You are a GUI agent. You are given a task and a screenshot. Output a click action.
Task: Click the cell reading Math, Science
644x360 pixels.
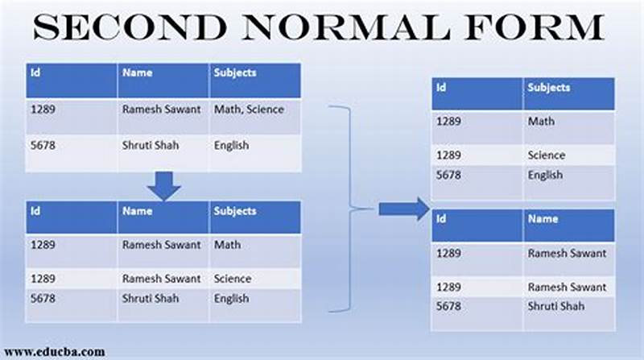click(x=248, y=110)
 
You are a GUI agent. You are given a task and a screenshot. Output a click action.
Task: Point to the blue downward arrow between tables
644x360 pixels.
click(x=164, y=187)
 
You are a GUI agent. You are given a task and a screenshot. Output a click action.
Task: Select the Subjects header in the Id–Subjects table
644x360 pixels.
click(x=549, y=88)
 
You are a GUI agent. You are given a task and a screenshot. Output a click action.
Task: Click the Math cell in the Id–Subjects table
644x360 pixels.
click(x=541, y=122)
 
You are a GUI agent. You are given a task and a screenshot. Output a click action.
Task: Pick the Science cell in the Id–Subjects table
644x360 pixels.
click(x=546, y=155)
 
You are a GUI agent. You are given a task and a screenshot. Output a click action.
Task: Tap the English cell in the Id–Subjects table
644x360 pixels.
click(x=545, y=175)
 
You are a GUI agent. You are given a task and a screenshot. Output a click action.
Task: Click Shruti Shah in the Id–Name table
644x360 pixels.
click(x=556, y=306)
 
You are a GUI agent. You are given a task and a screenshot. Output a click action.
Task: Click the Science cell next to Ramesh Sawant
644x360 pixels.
click(x=233, y=279)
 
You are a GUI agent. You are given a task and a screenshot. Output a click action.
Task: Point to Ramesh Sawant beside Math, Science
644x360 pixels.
click(x=161, y=110)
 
